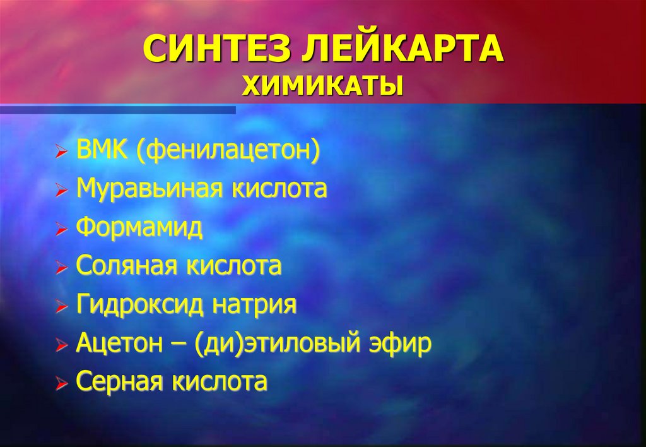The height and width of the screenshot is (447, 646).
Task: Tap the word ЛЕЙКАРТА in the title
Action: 401,49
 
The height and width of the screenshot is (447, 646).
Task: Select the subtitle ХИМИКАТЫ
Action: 322,86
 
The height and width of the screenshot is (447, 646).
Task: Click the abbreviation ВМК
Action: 102,149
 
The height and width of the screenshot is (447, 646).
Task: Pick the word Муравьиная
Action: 150,189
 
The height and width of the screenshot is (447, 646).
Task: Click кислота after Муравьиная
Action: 279,189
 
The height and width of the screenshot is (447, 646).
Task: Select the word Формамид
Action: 139,228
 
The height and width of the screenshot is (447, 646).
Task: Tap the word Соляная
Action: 126,266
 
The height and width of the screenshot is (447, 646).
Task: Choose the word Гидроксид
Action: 139,305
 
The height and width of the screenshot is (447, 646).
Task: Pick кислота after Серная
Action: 220,381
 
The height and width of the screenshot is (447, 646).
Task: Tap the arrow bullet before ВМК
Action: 61,152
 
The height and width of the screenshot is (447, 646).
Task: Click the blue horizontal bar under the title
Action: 118,110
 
